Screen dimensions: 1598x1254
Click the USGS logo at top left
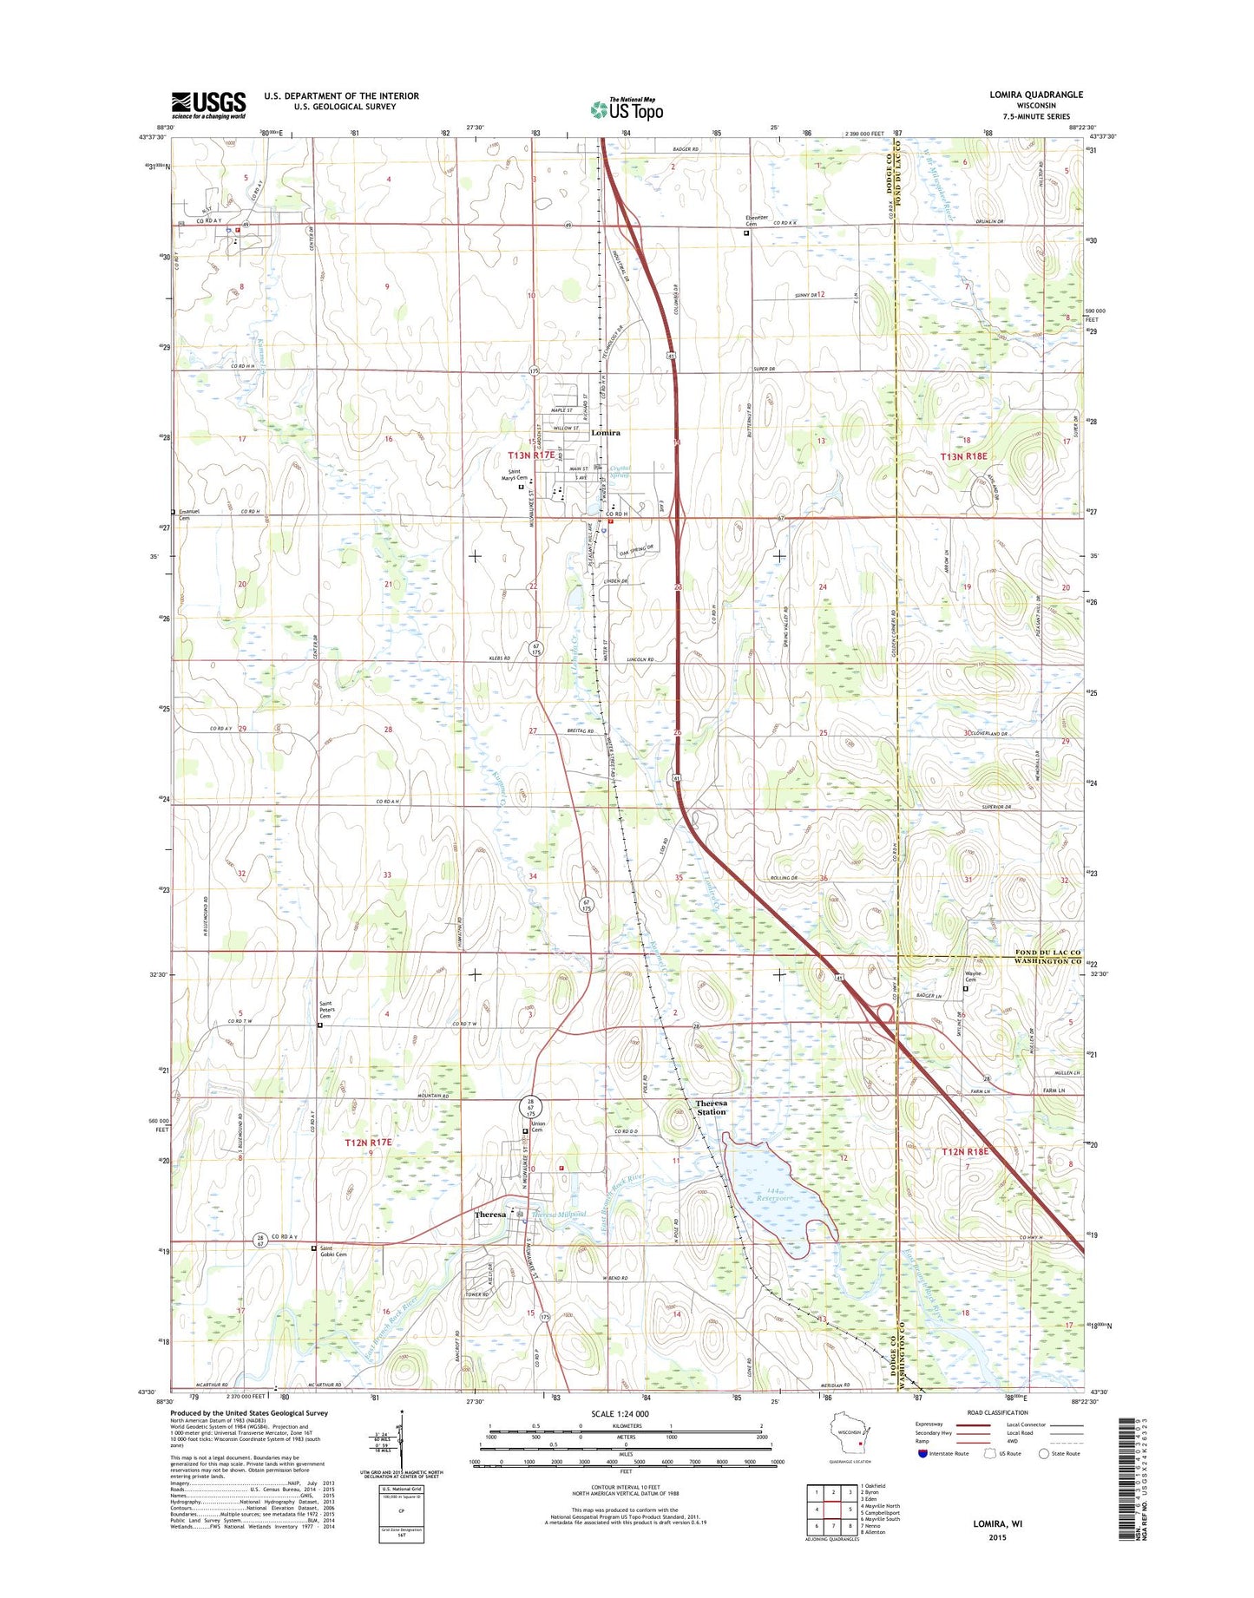click(208, 105)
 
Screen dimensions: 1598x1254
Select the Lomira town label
click(605, 432)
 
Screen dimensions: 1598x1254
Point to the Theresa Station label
click(711, 1107)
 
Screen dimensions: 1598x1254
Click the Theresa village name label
click(489, 1215)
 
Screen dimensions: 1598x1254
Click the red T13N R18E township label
click(964, 455)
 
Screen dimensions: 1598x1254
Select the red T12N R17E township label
click(370, 1143)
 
